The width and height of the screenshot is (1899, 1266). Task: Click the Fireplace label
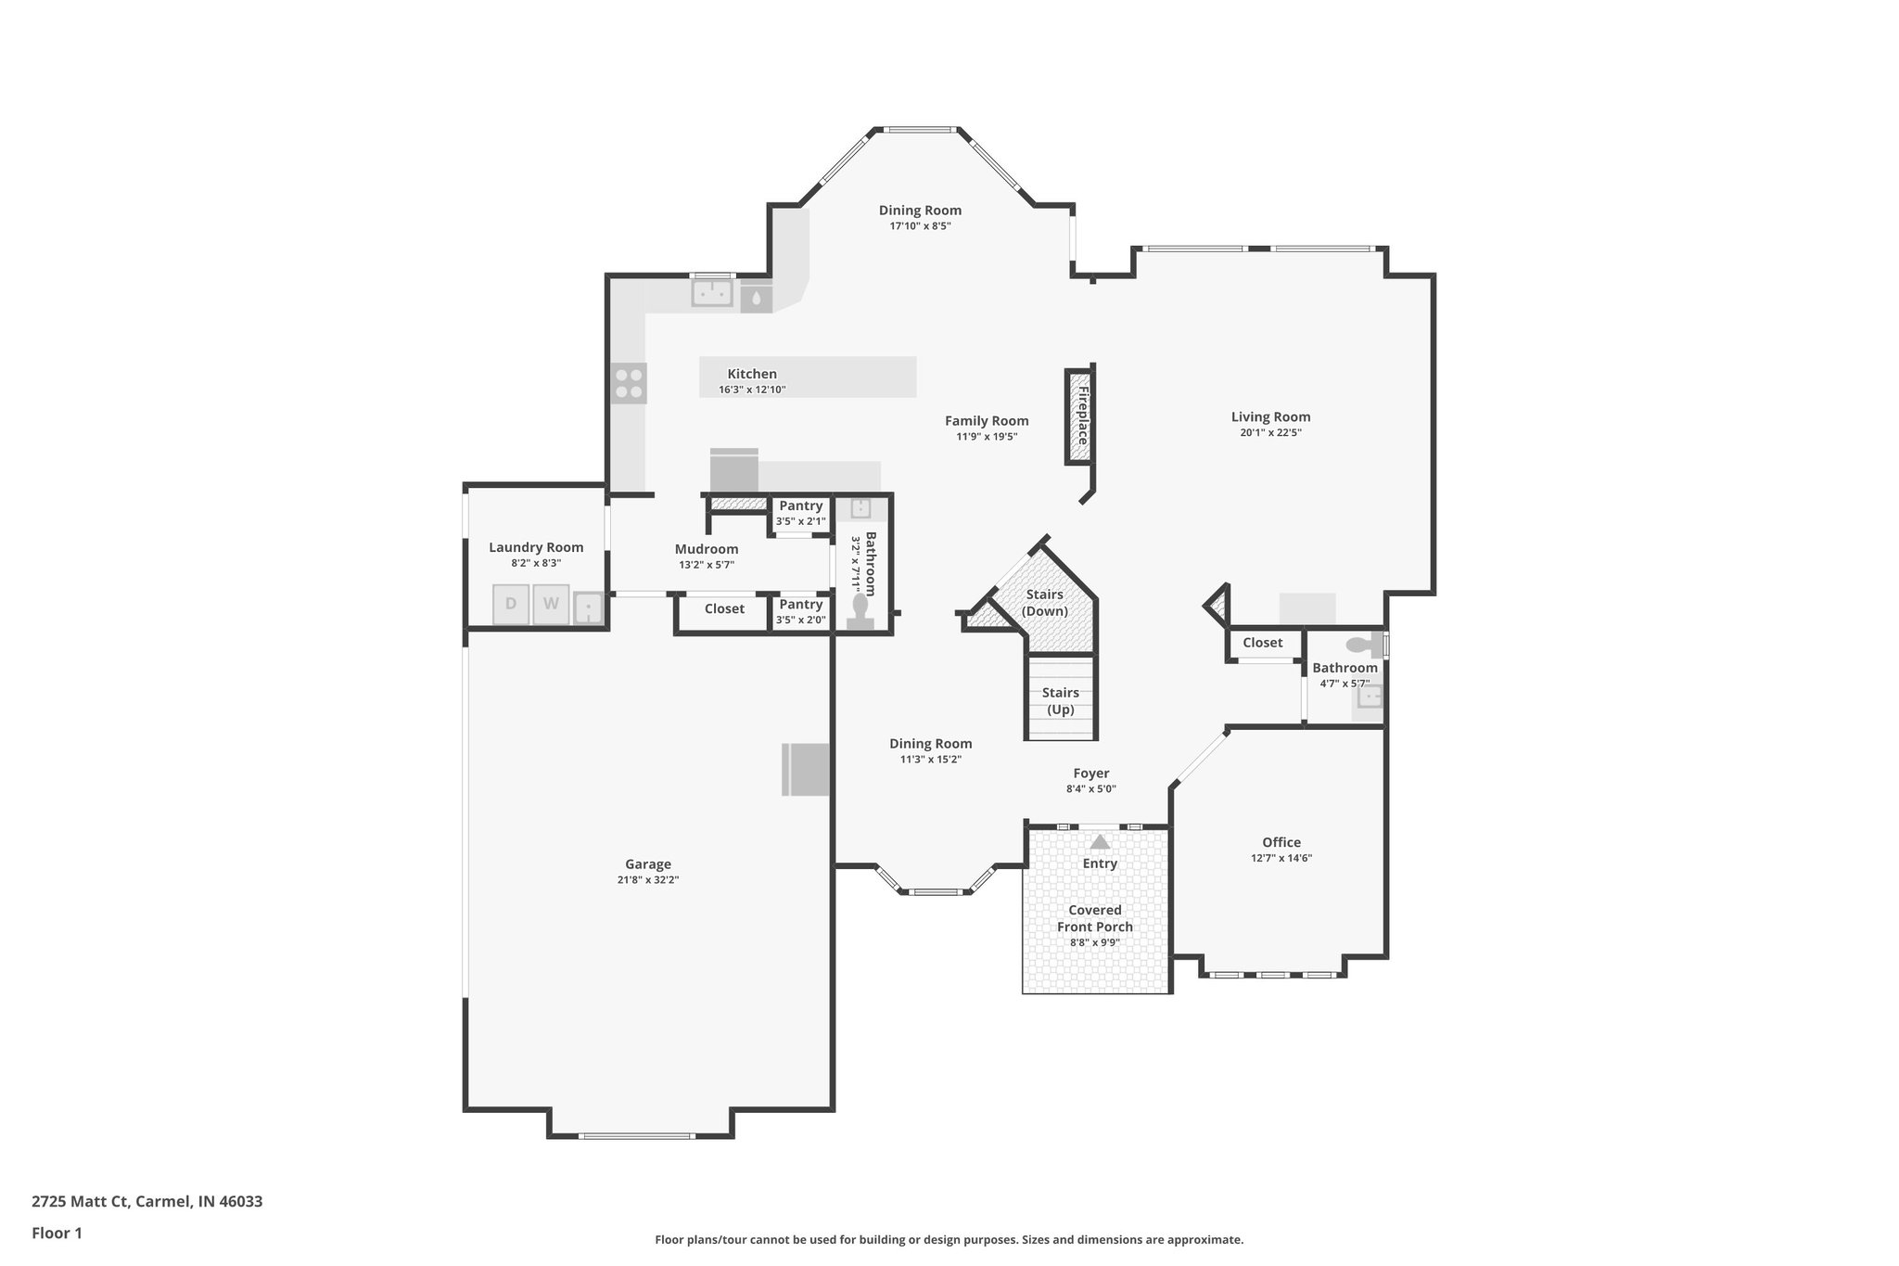(1082, 416)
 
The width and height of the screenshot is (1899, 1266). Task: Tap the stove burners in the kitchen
(629, 383)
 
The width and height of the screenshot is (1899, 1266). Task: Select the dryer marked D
(510, 604)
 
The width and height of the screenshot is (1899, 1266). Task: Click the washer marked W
(551, 604)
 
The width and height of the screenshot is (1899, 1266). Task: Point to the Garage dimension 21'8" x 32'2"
(648, 880)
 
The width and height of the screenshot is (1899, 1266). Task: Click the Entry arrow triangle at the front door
(1100, 842)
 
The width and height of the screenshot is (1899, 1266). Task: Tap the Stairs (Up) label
(1060, 701)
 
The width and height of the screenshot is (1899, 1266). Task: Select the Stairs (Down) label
(1044, 603)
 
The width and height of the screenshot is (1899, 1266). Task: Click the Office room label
(1281, 842)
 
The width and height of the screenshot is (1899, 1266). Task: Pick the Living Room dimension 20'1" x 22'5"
(1270, 432)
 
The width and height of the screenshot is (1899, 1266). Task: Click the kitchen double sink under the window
(712, 294)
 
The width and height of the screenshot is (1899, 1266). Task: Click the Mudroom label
(707, 549)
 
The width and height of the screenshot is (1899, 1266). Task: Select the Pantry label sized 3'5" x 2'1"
(800, 505)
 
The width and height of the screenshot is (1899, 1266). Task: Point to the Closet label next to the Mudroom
(724, 609)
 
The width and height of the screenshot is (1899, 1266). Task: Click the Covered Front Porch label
(1095, 918)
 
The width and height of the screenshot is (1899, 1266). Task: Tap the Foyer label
(1090, 774)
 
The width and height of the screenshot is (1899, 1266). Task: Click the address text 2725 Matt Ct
(147, 1201)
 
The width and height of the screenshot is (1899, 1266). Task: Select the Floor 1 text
(57, 1233)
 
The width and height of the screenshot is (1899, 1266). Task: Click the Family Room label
(987, 421)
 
